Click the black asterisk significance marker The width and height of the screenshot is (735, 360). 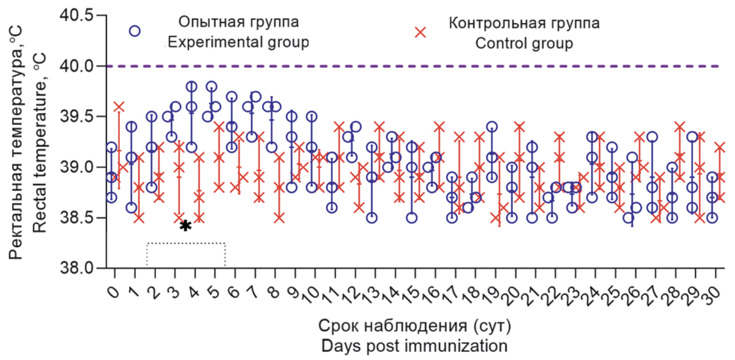[x=186, y=226]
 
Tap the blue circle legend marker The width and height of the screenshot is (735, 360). [x=134, y=31]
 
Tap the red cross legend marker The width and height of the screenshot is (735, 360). [x=420, y=32]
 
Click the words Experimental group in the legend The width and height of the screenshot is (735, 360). [x=238, y=42]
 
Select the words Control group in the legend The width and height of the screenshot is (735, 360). [x=524, y=44]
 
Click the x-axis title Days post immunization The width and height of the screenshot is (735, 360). [x=414, y=346]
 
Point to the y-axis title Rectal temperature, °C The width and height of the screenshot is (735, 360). [x=40, y=142]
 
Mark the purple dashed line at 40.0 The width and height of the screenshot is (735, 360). [x=400, y=66]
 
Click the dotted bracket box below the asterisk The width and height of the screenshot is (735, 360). [x=186, y=255]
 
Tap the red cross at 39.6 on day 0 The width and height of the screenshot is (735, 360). [x=119, y=107]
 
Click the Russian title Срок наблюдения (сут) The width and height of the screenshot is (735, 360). [x=415, y=326]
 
